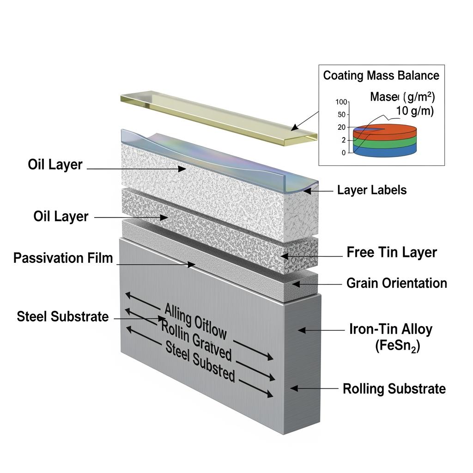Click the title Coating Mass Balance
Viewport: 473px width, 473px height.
point(381,75)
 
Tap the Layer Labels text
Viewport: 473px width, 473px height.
point(372,190)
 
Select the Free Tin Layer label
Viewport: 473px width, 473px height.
point(391,252)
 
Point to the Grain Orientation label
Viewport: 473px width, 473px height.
point(396,283)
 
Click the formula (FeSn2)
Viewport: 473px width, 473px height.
point(398,346)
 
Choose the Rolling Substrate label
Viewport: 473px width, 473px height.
point(394,388)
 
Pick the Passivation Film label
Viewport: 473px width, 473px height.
point(63,258)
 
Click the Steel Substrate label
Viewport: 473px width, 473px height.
point(63,316)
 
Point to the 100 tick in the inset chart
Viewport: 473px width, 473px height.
point(341,102)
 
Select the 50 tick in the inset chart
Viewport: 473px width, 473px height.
point(342,115)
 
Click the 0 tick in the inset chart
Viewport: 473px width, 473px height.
point(344,153)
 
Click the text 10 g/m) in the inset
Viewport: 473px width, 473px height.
point(415,111)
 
